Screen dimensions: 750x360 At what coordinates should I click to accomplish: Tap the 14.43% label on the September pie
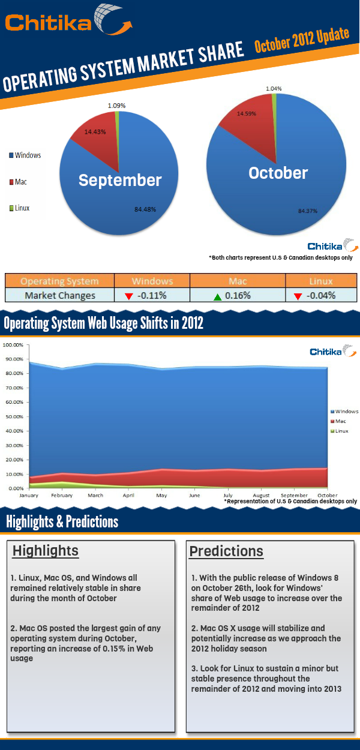[x=95, y=132]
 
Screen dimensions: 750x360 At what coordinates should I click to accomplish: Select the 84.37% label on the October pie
[x=307, y=211]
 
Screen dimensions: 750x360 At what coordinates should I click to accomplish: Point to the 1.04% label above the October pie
[x=274, y=88]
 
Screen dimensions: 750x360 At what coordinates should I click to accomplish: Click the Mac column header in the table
[x=238, y=281]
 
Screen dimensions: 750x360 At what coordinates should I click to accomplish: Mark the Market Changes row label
[x=60, y=295]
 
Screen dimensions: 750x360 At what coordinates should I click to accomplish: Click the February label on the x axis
[x=62, y=496]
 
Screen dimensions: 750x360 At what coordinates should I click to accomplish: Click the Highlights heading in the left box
[x=46, y=551]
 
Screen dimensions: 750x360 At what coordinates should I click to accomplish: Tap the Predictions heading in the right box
[x=226, y=551]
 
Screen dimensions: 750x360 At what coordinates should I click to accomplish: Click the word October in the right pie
[x=278, y=173]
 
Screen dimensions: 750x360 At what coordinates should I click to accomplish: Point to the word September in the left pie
[x=120, y=180]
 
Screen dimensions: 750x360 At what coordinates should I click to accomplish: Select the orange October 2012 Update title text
[x=301, y=40]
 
